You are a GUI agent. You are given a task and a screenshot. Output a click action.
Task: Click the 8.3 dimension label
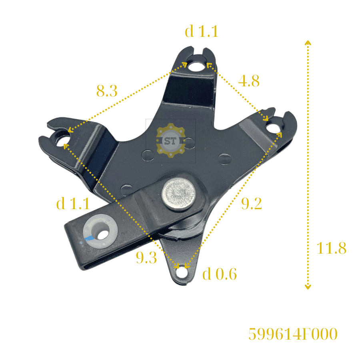[x=107, y=90]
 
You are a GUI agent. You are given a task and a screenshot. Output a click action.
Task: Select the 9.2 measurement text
[x=252, y=204]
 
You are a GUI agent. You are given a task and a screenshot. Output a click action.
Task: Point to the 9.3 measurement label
[x=146, y=257]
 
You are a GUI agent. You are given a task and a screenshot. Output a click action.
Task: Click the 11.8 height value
[x=331, y=248]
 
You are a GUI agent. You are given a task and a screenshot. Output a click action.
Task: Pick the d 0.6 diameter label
[x=220, y=274]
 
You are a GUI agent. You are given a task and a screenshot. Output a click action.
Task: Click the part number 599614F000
[x=293, y=334]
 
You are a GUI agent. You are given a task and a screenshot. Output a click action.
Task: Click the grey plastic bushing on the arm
[x=100, y=232]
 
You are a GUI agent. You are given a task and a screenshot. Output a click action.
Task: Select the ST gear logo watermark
[x=170, y=140]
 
